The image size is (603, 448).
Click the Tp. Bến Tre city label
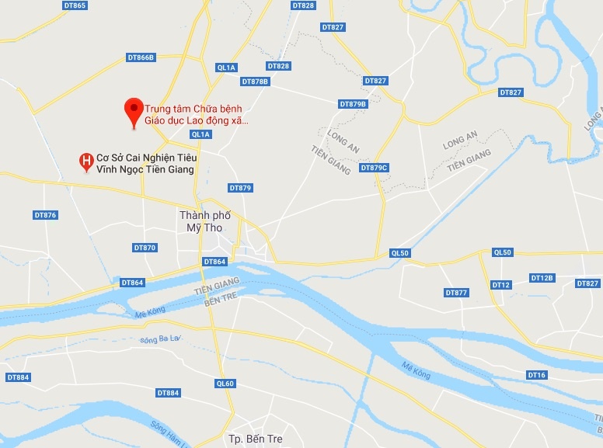tap(255, 439)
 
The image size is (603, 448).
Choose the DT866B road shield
tap(141, 57)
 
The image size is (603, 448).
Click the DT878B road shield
tap(255, 82)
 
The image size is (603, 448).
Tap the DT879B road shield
tap(353, 104)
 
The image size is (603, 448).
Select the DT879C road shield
tap(374, 168)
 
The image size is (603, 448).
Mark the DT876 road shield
tap(46, 215)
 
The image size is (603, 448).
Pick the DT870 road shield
tap(145, 248)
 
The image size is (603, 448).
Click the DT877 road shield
tap(457, 293)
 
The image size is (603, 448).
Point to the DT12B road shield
tap(542, 278)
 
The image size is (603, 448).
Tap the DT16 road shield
tap(537, 375)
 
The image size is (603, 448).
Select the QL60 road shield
tap(225, 384)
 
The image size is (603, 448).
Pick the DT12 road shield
tap(501, 285)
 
